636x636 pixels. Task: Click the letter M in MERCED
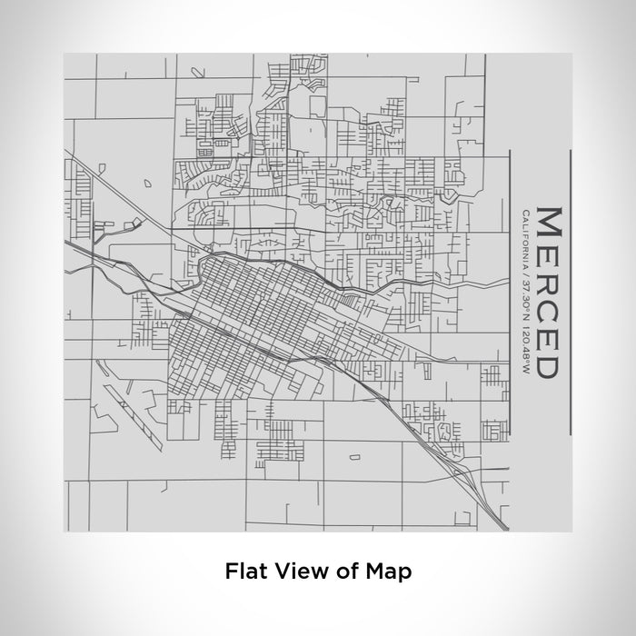click(548, 224)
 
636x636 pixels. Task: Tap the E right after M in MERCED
click(548, 255)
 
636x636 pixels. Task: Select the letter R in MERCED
click(548, 283)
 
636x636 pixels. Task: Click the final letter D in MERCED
click(548, 364)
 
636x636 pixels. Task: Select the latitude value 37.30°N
click(524, 293)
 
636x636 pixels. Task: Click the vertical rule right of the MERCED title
click(571, 293)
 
